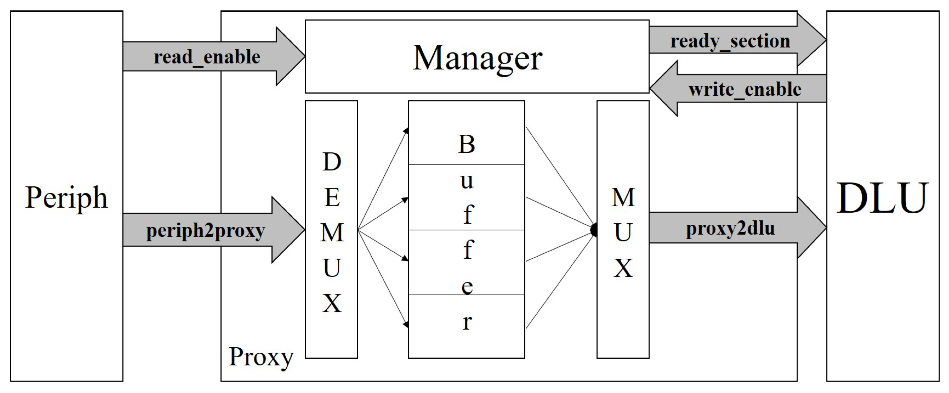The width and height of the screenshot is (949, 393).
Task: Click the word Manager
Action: (x=477, y=58)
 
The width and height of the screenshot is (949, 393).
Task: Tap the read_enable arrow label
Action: (x=207, y=57)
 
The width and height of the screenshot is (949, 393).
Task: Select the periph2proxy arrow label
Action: (x=205, y=231)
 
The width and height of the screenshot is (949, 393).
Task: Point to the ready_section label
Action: (x=730, y=41)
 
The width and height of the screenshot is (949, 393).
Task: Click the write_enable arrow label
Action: (x=745, y=90)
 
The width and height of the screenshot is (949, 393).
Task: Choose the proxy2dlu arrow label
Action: (x=730, y=228)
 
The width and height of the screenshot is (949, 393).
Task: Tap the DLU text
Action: (x=882, y=198)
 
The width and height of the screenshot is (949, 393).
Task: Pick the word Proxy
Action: (x=261, y=357)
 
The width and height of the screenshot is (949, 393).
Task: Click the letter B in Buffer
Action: (x=466, y=144)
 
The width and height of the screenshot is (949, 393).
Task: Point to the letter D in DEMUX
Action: (x=332, y=162)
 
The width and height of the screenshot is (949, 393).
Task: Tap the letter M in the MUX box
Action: (x=623, y=198)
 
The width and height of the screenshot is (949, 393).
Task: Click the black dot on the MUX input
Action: (x=594, y=230)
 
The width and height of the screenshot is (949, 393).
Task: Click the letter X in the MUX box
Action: (x=623, y=268)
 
